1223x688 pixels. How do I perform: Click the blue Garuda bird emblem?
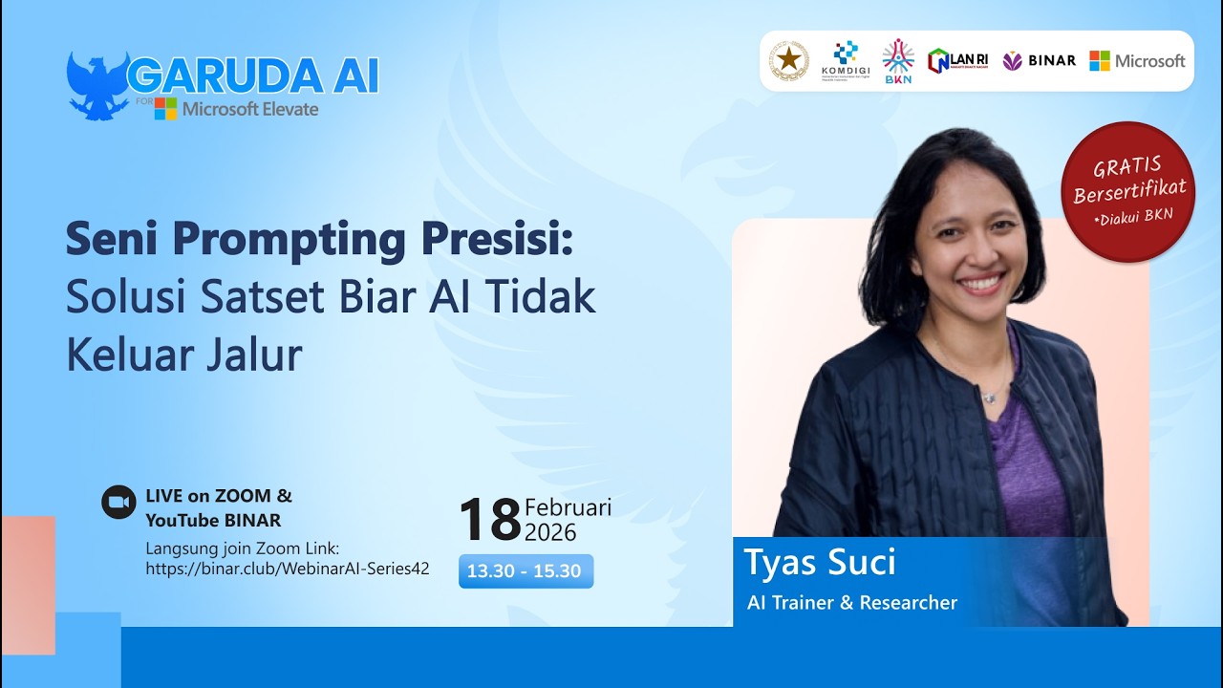coord(97,85)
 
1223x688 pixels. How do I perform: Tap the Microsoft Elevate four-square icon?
coord(166,109)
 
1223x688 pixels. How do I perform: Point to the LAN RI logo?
coord(958,61)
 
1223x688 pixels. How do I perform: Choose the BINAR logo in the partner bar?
coord(1039,61)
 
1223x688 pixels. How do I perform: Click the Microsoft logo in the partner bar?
coord(1137,61)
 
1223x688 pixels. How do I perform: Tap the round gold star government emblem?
coord(789,60)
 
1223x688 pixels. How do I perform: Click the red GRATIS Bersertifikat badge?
coord(1127,191)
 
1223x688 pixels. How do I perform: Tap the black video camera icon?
coord(119,502)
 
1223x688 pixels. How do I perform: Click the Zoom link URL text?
coord(287,569)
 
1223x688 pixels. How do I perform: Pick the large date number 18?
coord(489,520)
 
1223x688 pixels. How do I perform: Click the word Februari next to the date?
coord(568,506)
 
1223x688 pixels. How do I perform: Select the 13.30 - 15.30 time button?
coord(526,571)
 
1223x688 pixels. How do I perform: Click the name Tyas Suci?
coord(819,562)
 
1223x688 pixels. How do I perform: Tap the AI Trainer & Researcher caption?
coord(851,603)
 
